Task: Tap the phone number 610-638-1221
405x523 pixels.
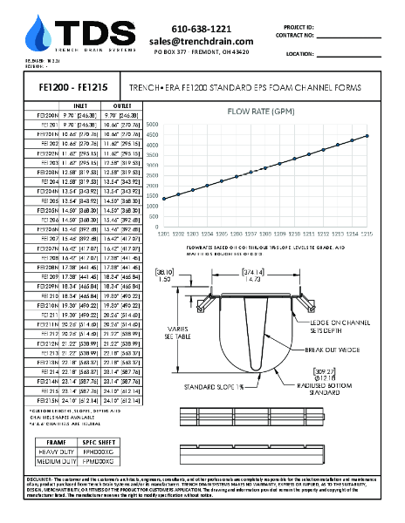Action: tap(201, 29)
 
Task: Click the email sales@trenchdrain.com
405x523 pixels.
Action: tap(201, 41)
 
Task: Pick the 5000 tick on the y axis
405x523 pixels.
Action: tap(153, 124)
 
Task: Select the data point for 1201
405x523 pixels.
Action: tap(163, 198)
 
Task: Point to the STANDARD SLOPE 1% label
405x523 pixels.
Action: tap(226, 383)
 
